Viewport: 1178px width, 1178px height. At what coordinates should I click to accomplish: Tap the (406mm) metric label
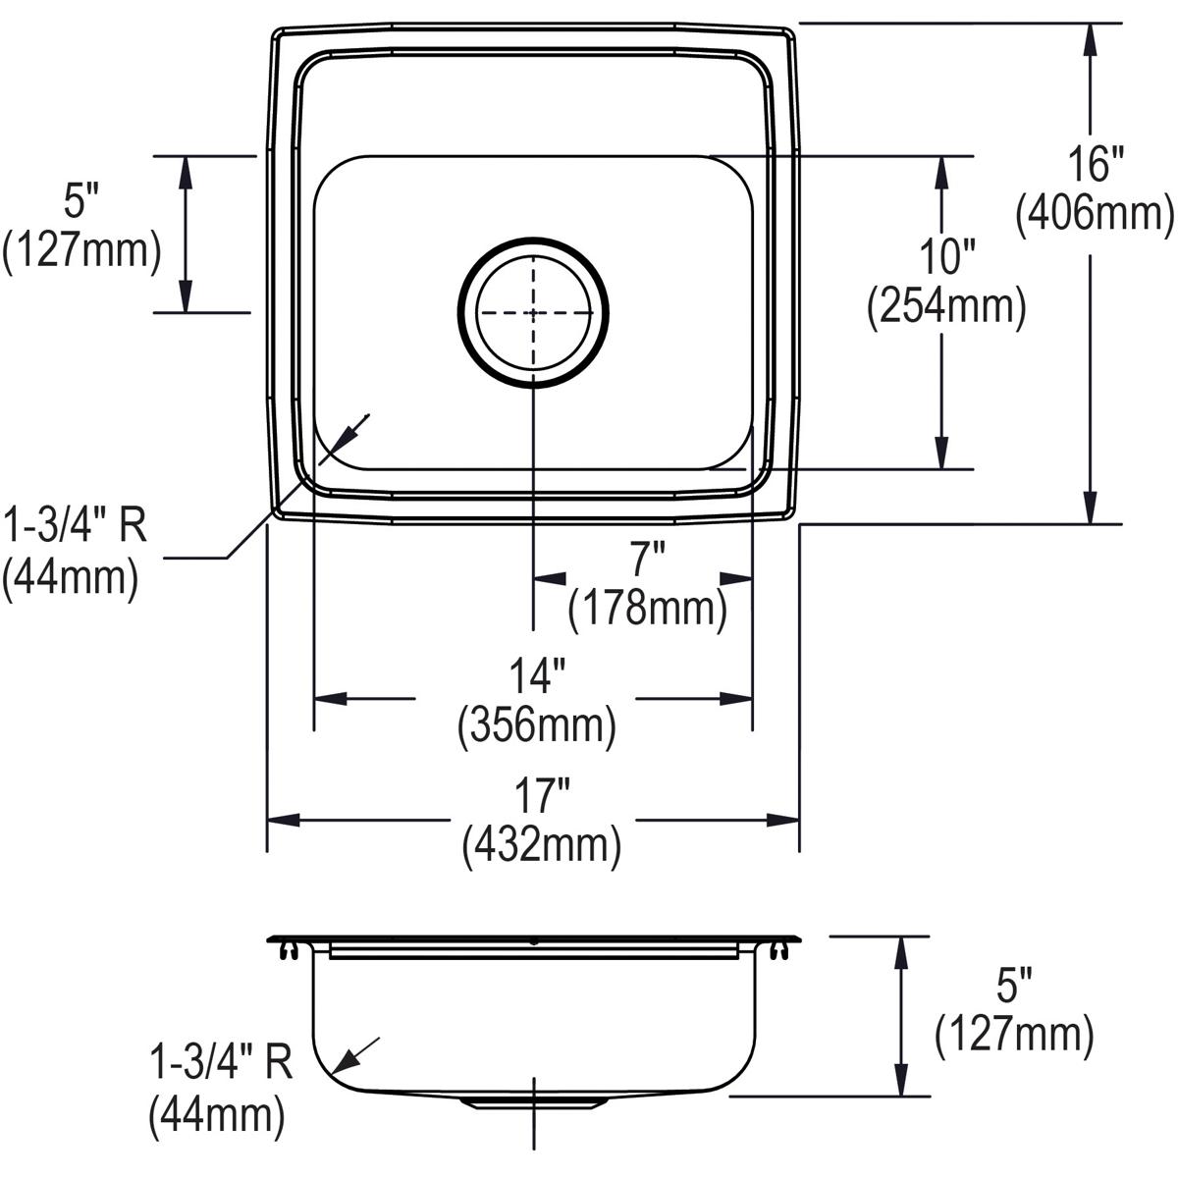pos(1095,213)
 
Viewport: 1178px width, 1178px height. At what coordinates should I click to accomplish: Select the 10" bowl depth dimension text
pos(945,257)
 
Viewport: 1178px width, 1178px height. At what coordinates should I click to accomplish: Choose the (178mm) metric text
pos(647,609)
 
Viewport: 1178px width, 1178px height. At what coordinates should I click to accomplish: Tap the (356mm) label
pos(537,726)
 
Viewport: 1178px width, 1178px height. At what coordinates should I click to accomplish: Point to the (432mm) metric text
pos(541,845)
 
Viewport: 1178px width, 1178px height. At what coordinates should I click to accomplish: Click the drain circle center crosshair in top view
pos(533,313)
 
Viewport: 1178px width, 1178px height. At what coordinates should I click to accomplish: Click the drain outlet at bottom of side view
pos(532,1102)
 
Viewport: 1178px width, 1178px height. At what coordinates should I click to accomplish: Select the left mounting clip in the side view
pos(287,950)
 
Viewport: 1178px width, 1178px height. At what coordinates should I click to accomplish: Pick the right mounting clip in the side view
pos(779,950)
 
